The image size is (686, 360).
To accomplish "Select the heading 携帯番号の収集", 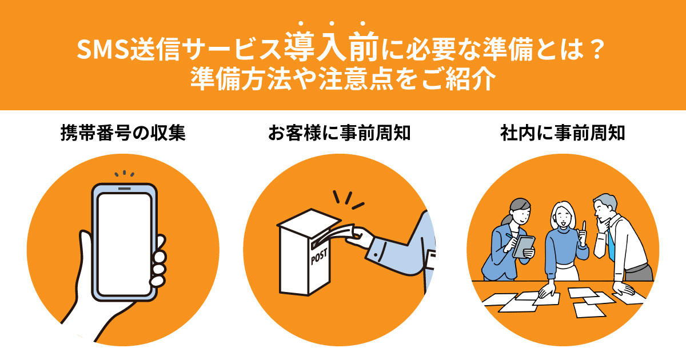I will pos(123,135).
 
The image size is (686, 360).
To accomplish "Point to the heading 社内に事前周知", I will pos(563,135).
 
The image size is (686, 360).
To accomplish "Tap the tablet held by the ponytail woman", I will pos(524,245).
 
